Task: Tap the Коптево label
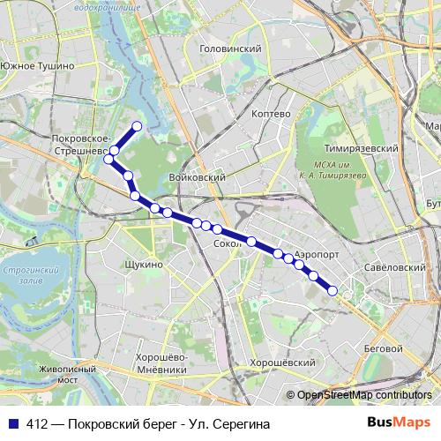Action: [271, 115]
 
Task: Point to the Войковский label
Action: [198, 177]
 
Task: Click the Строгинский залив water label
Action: [31, 275]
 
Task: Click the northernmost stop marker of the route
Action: [137, 126]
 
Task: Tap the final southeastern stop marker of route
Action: [333, 290]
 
